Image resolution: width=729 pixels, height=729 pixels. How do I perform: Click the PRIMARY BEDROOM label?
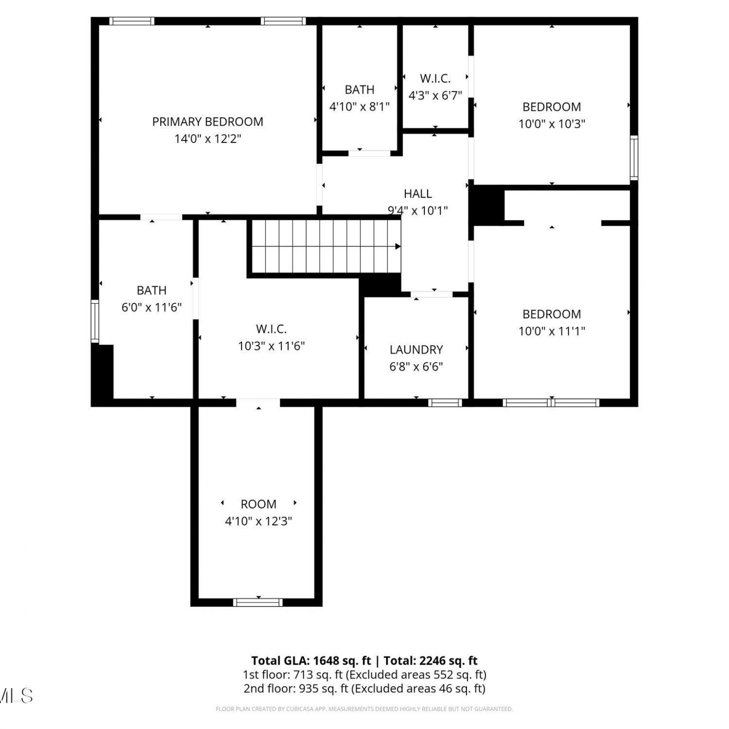tap(208, 121)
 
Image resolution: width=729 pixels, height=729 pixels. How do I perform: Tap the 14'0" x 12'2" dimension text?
tap(208, 139)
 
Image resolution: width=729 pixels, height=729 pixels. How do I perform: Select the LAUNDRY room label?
tap(416, 349)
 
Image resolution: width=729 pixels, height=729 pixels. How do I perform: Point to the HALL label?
tap(417, 193)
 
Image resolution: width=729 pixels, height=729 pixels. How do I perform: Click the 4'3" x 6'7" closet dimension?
tap(435, 95)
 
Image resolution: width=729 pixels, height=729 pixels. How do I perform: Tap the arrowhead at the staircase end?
tap(398, 246)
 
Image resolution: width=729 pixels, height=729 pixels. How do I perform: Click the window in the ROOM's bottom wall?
tap(258, 602)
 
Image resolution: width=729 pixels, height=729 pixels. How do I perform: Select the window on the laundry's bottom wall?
tap(445, 402)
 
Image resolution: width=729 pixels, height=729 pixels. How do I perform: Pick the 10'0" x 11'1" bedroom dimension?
tap(552, 331)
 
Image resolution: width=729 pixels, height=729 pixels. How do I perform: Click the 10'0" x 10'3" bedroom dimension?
tap(552, 124)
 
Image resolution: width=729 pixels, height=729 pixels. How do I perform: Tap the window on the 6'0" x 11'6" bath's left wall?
tap(95, 321)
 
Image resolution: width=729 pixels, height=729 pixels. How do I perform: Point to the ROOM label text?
tap(259, 504)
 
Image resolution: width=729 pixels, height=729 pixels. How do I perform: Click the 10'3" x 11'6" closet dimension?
tap(271, 346)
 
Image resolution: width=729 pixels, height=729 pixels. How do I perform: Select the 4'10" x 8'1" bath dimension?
tap(360, 107)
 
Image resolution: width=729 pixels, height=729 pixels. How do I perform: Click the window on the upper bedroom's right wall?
tap(634, 158)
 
